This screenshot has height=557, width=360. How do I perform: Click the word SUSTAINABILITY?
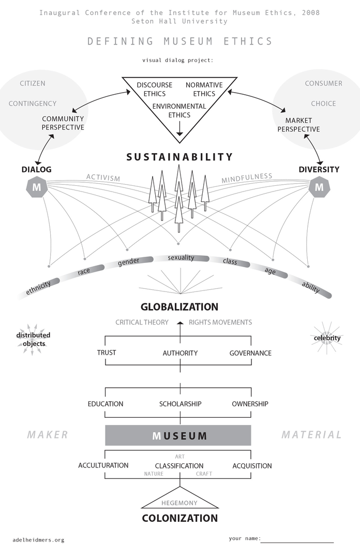click(x=179, y=157)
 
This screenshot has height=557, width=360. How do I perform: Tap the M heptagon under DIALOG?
click(x=36, y=187)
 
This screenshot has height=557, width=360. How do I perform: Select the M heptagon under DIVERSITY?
click(x=319, y=187)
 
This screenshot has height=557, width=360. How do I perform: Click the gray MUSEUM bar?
click(x=178, y=435)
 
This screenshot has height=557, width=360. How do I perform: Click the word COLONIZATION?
click(x=179, y=518)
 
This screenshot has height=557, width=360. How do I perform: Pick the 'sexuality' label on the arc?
click(x=181, y=258)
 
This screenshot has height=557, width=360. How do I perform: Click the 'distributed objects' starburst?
click(x=33, y=339)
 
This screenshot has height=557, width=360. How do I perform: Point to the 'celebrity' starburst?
click(x=327, y=339)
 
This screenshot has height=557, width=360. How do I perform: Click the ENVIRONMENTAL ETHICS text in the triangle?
click(x=179, y=111)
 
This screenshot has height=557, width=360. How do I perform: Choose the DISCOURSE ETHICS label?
click(x=151, y=89)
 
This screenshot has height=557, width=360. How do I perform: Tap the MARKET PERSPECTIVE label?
click(x=298, y=125)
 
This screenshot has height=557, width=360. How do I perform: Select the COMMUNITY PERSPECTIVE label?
click(x=63, y=123)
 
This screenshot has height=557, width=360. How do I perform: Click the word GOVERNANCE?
click(x=250, y=353)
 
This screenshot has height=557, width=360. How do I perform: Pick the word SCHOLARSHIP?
click(x=180, y=404)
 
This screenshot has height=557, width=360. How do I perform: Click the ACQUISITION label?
click(x=252, y=465)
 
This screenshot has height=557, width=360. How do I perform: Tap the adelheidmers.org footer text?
click(x=38, y=540)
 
